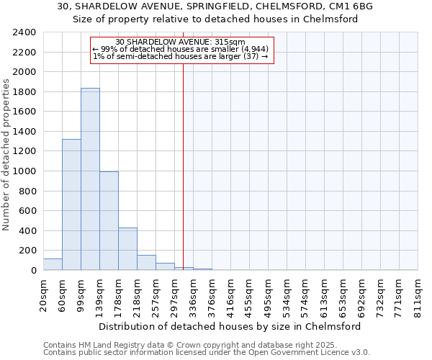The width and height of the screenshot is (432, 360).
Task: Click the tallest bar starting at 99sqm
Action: [90, 179]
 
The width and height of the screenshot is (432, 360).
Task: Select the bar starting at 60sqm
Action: [71, 204]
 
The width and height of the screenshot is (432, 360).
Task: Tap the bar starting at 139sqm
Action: [109, 221]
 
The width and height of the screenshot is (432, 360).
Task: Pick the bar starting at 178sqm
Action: [127, 249]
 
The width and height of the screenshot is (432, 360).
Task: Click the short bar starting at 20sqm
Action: [53, 264]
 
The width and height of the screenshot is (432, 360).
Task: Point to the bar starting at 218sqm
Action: [146, 263]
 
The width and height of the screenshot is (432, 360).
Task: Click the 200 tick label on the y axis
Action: [27, 251]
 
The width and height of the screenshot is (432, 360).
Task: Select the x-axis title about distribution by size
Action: [230, 325]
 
